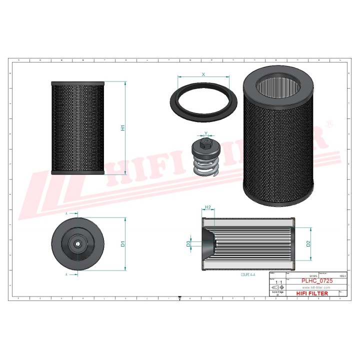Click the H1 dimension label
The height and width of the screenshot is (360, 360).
coord(122,128)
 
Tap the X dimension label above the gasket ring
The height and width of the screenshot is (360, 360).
coord(203,74)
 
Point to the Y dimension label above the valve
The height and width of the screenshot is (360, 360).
coord(206,133)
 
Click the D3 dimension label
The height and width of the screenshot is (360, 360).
coord(188,244)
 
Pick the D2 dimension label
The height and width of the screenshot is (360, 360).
coord(308,243)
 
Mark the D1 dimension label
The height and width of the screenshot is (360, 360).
coord(122,244)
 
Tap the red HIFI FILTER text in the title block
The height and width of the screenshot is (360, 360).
coord(309,293)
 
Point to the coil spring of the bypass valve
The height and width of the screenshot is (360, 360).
coord(206,167)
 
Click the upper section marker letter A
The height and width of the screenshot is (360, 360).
coord(67,213)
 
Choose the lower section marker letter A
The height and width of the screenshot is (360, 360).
coord(67,274)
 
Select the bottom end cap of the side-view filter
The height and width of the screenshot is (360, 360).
coord(78,172)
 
